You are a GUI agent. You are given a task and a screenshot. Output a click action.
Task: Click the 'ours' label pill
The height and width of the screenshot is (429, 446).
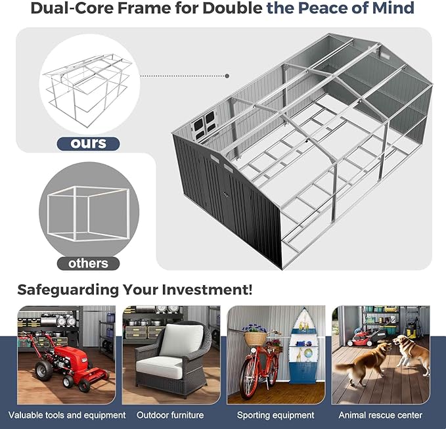click(x=88, y=144)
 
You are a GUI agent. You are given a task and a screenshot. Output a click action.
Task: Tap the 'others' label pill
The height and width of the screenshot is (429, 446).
click(x=88, y=263)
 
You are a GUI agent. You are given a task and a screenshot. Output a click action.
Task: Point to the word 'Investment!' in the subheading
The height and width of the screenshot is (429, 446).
click(x=207, y=290)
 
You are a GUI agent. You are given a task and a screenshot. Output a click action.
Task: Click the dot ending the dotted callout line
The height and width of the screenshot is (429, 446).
click(x=227, y=76)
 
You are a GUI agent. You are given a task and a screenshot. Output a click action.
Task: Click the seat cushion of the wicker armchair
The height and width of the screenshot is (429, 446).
click(x=159, y=367)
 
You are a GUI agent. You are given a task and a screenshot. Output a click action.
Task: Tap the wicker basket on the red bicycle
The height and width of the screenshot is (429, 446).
click(x=256, y=338)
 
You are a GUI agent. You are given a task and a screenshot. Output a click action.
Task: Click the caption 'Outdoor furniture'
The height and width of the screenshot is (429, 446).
click(x=170, y=415)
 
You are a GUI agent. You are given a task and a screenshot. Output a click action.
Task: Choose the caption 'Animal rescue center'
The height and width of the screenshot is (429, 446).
click(x=380, y=415)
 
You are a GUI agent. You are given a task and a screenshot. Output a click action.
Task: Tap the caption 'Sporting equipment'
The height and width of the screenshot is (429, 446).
click(x=275, y=415)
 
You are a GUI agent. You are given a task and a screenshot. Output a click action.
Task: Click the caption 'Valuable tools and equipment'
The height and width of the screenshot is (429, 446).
click(x=67, y=415)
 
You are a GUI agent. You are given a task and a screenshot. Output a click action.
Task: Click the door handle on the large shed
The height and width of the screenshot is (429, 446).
click(x=226, y=195)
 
